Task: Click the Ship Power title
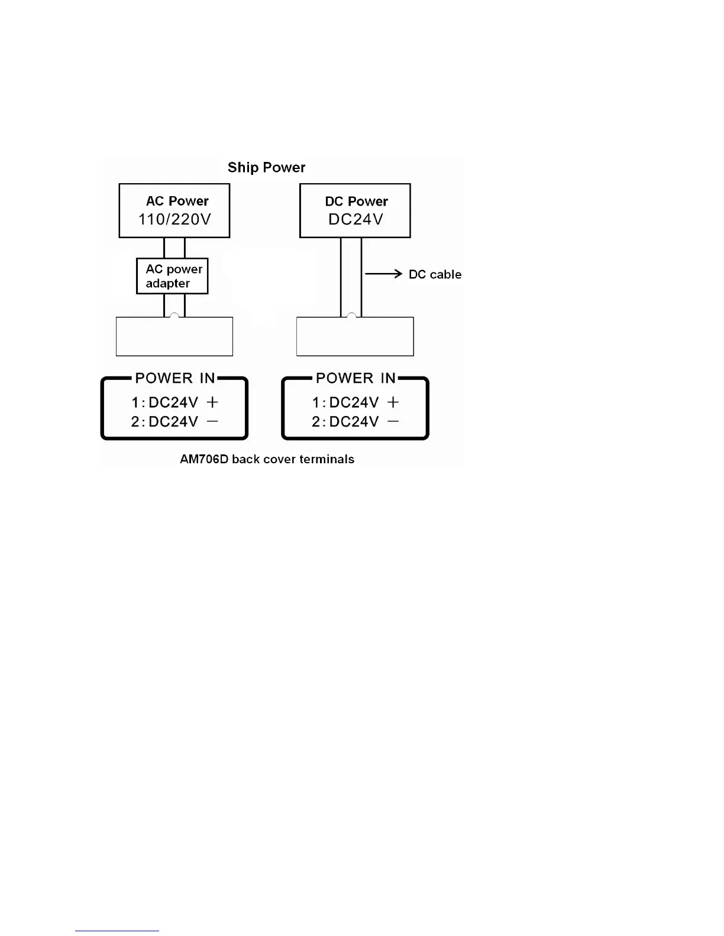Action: pos(266,167)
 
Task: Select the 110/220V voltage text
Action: pos(174,219)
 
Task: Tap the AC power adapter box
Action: pos(172,276)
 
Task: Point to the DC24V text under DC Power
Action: pos(355,219)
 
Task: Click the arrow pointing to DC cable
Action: pos(383,274)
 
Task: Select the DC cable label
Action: pos(435,274)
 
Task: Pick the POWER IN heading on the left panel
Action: pos(175,378)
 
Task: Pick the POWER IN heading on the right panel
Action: pos(355,378)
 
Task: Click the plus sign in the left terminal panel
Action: pos(212,402)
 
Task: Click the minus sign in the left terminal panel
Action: pos(212,421)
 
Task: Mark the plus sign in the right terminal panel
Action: pos(393,402)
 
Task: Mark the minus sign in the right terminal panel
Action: pos(393,421)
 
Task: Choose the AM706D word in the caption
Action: pos(204,459)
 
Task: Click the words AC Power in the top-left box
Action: pos(177,201)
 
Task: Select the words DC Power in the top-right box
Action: pos(356,201)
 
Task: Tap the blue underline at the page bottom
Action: pos(117,931)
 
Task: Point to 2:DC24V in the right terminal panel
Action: pos(345,421)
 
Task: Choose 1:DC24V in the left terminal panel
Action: pos(164,402)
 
